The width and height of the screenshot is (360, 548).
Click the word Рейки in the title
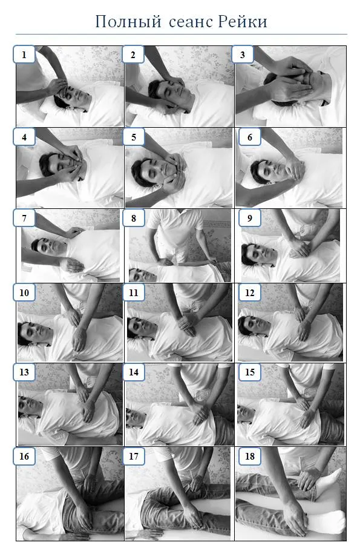point(243,22)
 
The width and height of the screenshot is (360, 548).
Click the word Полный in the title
point(128,22)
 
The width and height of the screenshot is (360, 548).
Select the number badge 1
point(24,54)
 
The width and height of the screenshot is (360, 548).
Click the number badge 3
point(243,54)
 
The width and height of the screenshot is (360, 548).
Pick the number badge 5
point(134,137)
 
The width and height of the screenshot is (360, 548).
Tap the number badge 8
point(134,218)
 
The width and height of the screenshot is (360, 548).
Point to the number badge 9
point(250,218)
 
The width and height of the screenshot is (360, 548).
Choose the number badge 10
point(24,292)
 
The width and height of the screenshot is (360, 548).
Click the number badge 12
point(250,292)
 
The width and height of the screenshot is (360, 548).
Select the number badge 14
point(134,372)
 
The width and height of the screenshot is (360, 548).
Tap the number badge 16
point(24,456)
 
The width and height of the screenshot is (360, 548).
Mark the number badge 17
point(134,456)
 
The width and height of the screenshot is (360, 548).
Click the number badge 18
point(250,456)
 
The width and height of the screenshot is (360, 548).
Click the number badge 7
point(24,218)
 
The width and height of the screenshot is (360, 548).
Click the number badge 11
point(134,292)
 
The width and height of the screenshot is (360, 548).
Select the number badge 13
point(24,372)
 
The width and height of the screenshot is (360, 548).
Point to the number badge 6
point(250,137)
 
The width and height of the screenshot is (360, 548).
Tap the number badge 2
point(133,54)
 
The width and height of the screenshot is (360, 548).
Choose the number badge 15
point(250,372)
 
